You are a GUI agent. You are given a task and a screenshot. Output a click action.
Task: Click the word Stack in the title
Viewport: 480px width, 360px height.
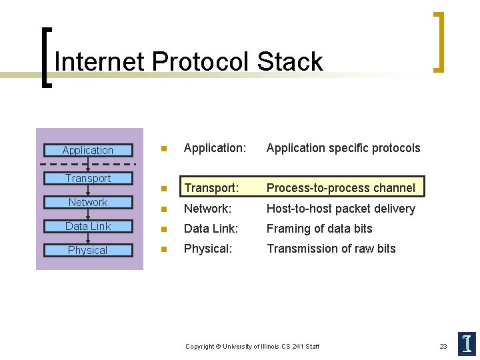(289, 62)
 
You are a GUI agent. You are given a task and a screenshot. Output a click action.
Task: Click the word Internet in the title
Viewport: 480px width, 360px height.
(100, 62)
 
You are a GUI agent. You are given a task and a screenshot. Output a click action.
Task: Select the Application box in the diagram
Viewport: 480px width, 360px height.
(88, 151)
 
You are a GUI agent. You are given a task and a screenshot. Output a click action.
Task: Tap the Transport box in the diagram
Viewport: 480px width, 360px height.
(88, 178)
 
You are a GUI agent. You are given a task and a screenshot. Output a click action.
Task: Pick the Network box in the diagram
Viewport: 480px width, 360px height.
(88, 202)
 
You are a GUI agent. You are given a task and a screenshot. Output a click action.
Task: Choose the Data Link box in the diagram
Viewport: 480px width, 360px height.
(88, 226)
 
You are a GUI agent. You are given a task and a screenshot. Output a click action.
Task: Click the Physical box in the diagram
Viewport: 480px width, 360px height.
(88, 250)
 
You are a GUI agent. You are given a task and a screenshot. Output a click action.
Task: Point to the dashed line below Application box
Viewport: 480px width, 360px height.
(88, 164)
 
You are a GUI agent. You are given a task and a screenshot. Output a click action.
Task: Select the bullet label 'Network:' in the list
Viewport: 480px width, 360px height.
(207, 209)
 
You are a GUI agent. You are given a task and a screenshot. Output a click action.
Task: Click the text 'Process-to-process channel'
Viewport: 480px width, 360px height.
(340, 188)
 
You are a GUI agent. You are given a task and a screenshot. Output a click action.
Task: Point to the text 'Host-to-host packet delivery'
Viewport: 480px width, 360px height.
(340, 209)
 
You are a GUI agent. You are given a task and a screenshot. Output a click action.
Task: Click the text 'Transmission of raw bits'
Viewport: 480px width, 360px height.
(331, 249)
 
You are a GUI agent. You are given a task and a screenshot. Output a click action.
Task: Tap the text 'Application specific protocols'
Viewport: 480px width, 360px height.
(343, 148)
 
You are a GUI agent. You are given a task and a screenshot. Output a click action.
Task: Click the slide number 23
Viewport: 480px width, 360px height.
(443, 346)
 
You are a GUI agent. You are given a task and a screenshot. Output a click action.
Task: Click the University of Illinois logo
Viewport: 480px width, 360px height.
(467, 343)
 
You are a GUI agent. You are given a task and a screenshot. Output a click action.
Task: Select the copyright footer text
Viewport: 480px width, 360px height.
(252, 346)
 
